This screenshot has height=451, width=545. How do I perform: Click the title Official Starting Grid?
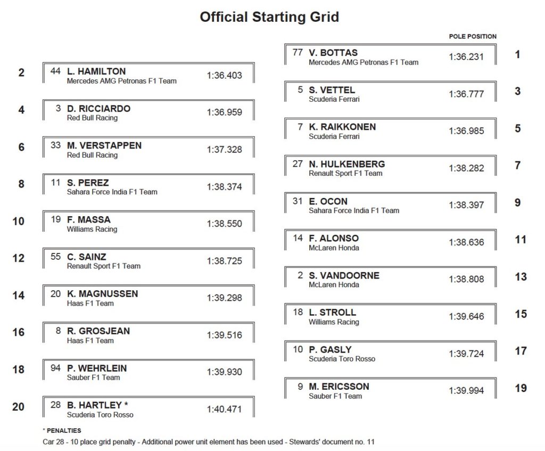[x=269, y=17]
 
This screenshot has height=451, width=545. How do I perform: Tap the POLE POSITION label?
[x=473, y=37]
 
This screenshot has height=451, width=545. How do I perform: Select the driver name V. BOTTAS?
[x=333, y=53]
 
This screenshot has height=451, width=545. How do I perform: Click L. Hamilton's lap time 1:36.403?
[x=224, y=76]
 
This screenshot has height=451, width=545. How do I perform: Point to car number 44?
[x=56, y=71]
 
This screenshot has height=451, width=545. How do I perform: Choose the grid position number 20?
[x=18, y=407]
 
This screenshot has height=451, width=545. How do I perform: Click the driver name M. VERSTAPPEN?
[x=104, y=145]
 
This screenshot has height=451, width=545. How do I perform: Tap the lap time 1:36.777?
[x=466, y=94]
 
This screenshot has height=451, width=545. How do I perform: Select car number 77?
[x=298, y=53]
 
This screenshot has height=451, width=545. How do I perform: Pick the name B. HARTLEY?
[x=94, y=405]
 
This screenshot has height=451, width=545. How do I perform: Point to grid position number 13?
[x=521, y=277]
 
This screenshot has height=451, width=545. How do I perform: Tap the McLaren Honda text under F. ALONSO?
[x=334, y=248]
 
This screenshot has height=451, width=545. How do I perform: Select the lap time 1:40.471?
[x=224, y=409]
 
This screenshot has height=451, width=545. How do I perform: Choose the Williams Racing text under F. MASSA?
[x=92, y=229]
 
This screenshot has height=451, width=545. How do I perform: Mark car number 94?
[x=56, y=368]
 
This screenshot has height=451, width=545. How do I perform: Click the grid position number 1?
[x=518, y=54]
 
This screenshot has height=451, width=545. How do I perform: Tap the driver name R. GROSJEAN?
[x=98, y=331]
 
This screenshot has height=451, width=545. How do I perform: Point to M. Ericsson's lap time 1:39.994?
[x=466, y=391]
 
